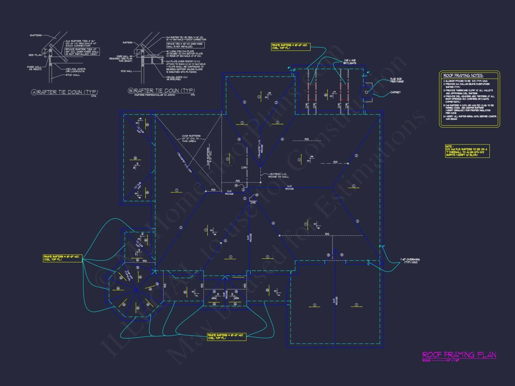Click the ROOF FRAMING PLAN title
click(459, 355)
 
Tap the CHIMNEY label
click(395, 92)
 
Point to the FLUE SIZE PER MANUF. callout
click(397, 80)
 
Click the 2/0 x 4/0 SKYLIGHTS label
click(349, 62)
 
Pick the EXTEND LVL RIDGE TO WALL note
click(278, 176)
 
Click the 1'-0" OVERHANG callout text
click(410, 261)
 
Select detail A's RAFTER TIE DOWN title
click(67, 92)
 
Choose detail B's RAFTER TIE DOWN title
click(164, 91)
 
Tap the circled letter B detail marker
click(131, 91)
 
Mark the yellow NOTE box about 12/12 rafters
click(467, 151)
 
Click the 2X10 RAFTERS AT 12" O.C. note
click(191, 138)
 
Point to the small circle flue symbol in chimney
click(366, 92)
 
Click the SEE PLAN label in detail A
click(35, 55)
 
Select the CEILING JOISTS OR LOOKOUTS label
click(75, 70)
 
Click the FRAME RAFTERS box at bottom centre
click(227, 337)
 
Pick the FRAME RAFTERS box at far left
click(63, 258)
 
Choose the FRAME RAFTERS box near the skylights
click(291, 47)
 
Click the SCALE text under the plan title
click(440, 360)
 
